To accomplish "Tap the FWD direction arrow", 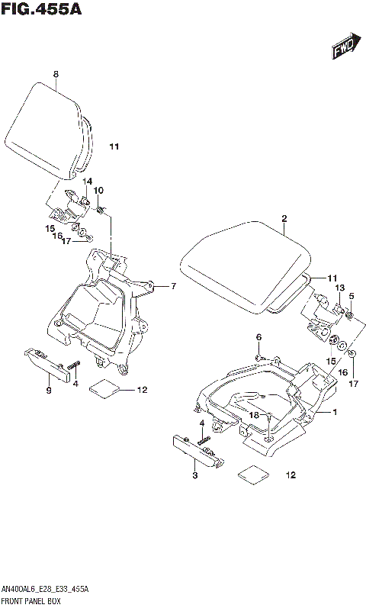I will coord(345,47).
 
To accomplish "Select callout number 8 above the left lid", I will coord(56,74).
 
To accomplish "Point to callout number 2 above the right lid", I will coord(284,219).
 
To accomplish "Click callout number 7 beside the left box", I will coord(174,286).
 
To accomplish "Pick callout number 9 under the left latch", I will coord(48,391).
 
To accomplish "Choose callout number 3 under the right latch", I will coord(194,476).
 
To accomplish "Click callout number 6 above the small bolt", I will coord(258,337).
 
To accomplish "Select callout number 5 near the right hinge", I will coord(352,296).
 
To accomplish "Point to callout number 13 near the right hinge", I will coord(339,287).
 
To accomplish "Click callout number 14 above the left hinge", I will coord(88,181).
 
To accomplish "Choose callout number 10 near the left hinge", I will coord(98,190).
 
